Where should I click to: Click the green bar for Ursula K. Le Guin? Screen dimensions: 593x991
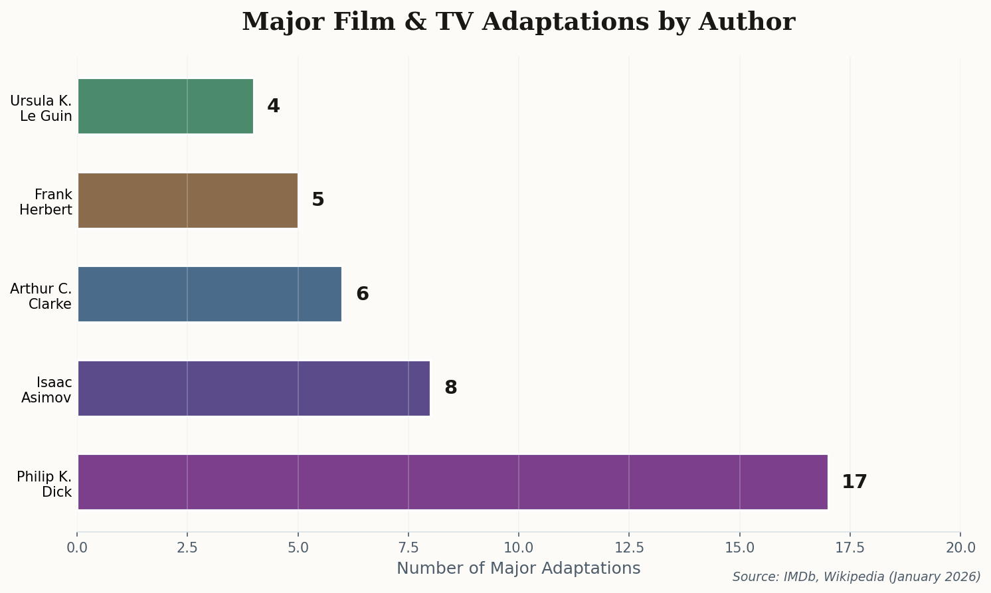coord(165,106)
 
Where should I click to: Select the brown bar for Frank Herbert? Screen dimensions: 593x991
coord(187,201)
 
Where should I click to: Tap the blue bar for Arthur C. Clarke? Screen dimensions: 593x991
coord(209,294)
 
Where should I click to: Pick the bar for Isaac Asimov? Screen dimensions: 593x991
coord(254,388)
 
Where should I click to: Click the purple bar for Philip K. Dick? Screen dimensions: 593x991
coord(452,482)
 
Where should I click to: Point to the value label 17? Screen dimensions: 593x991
coord(854,482)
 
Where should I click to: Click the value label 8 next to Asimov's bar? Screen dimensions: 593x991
coord(450,388)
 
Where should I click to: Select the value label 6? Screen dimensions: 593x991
coord(362,294)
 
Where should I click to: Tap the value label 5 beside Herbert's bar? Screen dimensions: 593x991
coord(317,201)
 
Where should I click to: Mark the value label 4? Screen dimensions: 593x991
coord(273,106)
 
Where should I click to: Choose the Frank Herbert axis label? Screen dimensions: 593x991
coord(46,202)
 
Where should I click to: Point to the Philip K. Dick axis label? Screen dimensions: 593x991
coord(45,484)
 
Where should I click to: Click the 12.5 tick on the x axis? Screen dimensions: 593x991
coord(629,548)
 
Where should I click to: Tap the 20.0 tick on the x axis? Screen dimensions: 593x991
coord(960,548)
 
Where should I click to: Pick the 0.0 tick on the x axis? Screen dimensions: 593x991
coord(77,548)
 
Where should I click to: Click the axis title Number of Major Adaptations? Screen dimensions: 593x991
coord(518,568)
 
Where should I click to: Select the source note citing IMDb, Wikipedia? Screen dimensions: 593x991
coord(856,577)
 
